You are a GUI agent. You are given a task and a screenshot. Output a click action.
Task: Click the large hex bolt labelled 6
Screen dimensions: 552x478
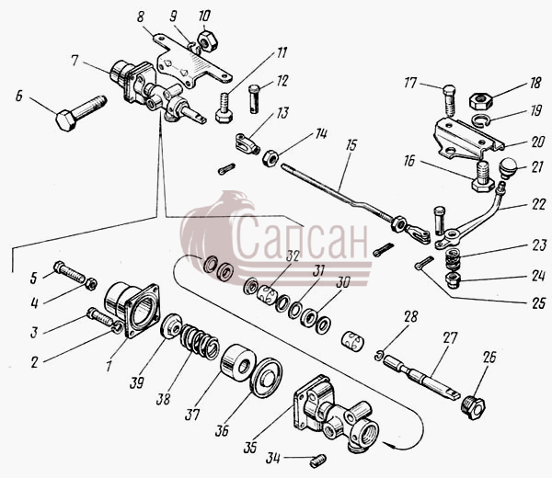pos(81,113)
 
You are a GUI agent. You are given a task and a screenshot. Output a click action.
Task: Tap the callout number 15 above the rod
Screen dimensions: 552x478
pos(351,145)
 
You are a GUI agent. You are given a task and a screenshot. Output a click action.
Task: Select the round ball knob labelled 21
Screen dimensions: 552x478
pos(508,167)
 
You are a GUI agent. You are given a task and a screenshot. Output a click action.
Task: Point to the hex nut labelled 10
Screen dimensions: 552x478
pos(207,41)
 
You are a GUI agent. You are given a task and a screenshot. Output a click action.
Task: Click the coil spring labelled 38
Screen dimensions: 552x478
pos(200,342)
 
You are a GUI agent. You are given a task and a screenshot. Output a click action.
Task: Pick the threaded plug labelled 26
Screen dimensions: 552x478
pos(473,407)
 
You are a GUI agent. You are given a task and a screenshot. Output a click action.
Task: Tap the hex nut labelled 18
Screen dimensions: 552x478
pos(481,101)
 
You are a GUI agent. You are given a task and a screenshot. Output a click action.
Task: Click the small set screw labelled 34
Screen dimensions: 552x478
pos(318,461)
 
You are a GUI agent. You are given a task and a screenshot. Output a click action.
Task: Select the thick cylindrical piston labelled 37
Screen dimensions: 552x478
pos(238,363)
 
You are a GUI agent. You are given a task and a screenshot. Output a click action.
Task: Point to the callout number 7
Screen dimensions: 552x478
pos(75,61)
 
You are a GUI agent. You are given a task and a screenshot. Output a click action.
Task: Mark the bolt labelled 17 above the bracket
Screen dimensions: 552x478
pos(448,99)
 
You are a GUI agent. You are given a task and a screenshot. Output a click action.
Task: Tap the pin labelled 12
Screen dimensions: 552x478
pos(255,99)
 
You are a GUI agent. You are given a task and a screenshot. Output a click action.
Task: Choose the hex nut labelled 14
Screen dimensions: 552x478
pos(270,157)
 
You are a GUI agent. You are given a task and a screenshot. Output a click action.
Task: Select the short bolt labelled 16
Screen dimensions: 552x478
pos(481,176)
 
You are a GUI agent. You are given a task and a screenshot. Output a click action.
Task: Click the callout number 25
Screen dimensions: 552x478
pos(538,303)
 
